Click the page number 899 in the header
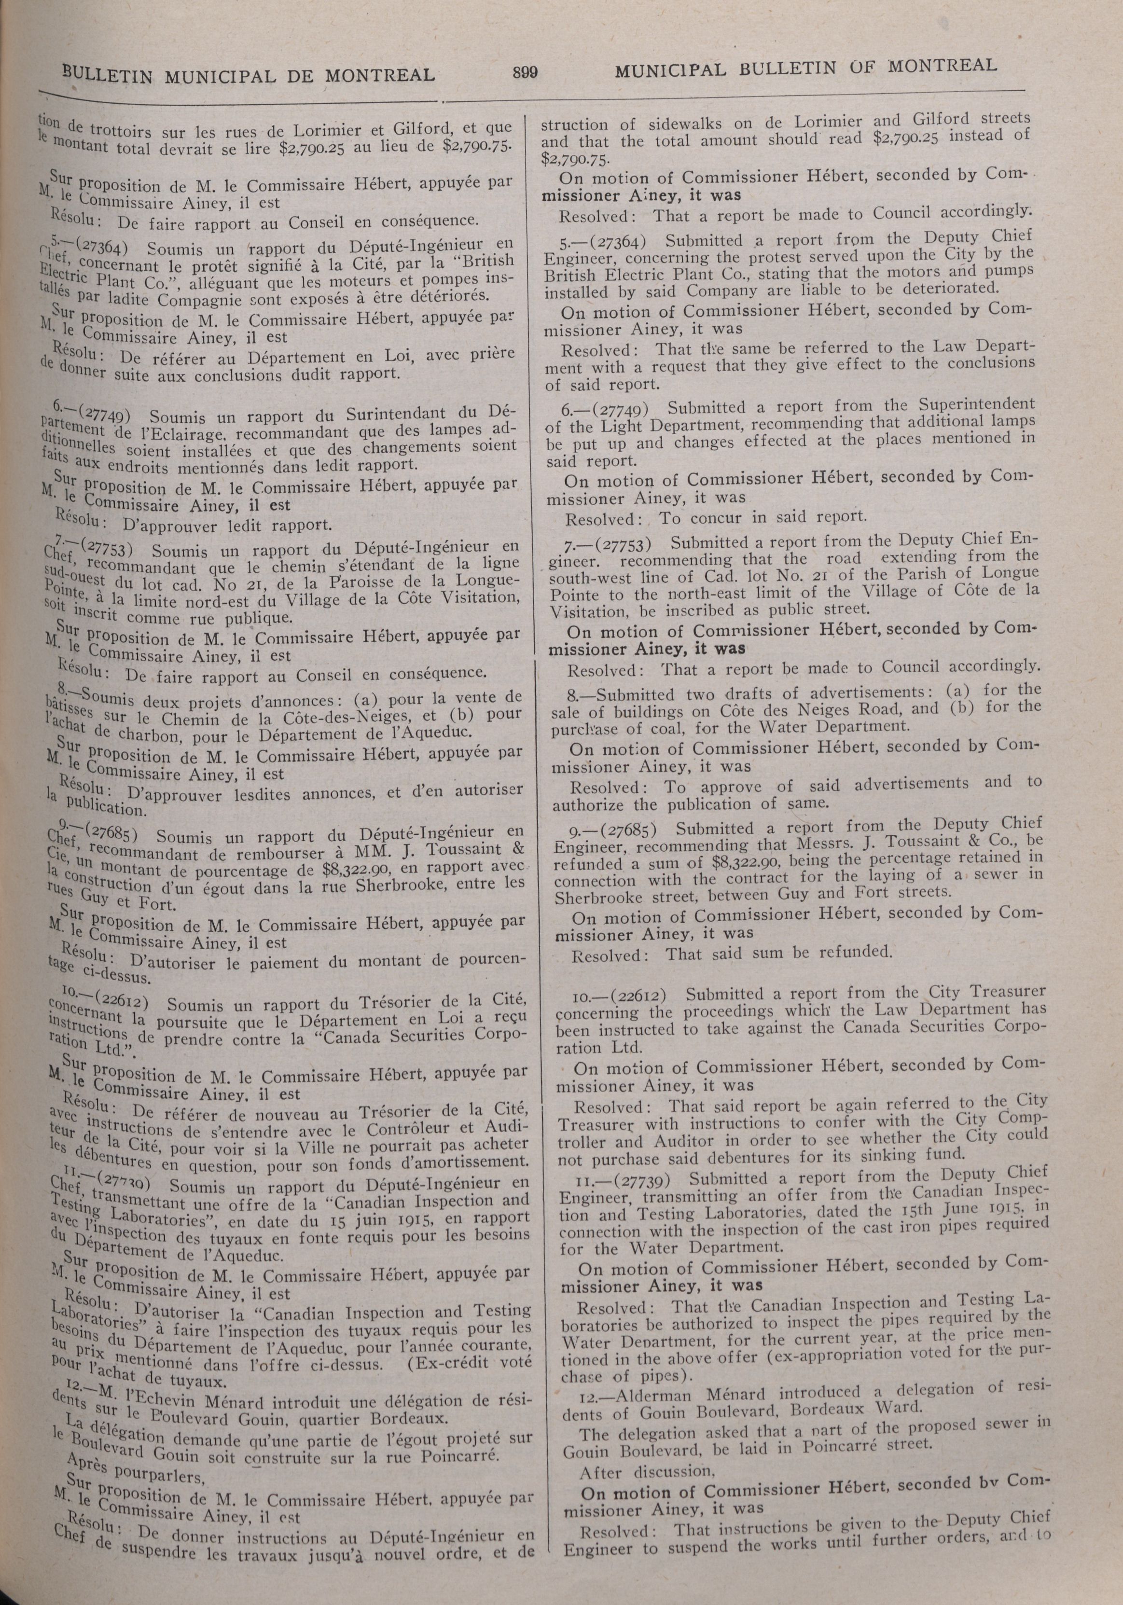click(x=525, y=71)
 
